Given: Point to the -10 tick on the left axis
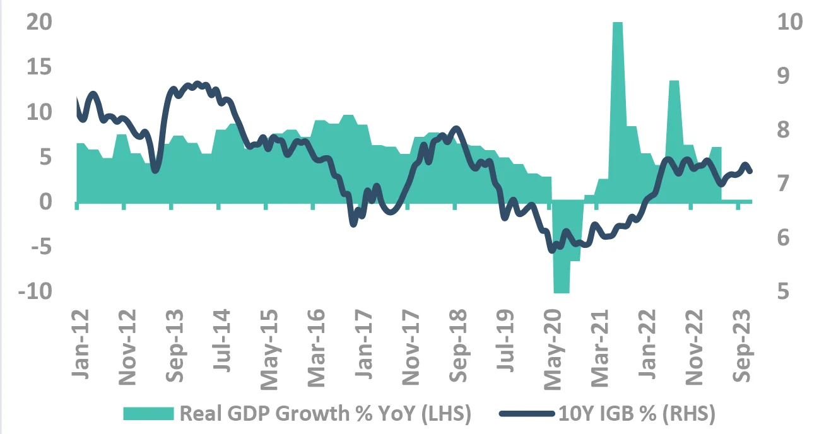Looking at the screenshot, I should [x=35, y=293].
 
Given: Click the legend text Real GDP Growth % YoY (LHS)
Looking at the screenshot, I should [x=326, y=414].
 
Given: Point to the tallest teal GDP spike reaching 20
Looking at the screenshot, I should [x=618, y=25].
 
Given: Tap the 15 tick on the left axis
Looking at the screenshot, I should [x=38, y=67].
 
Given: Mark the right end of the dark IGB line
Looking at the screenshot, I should [x=750, y=171].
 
